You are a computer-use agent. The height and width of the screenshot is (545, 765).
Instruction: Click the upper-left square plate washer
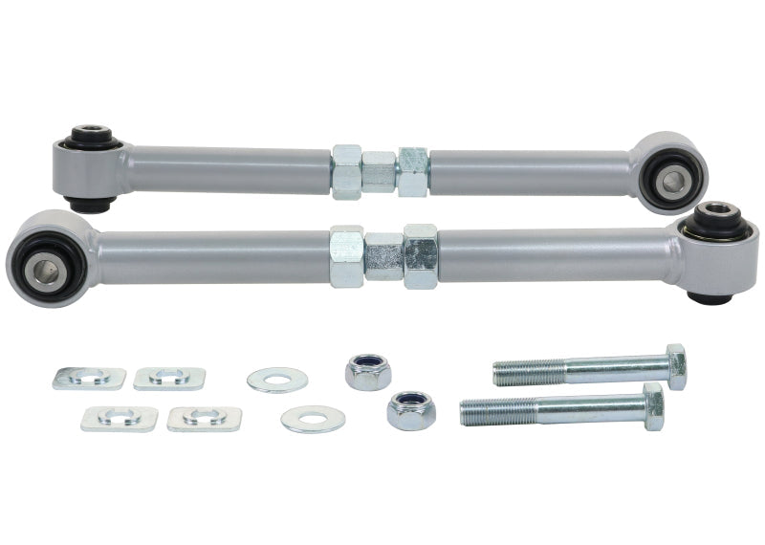(89, 378)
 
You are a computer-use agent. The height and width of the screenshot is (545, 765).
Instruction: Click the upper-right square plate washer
(169, 378)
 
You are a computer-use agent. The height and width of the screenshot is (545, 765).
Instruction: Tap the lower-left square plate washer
(120, 418)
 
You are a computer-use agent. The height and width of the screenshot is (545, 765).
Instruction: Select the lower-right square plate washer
(204, 418)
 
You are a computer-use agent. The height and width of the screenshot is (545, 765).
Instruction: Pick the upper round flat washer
(277, 380)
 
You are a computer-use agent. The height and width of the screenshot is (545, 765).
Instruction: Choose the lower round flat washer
(312, 419)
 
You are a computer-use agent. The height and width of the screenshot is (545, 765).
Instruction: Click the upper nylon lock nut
(366, 370)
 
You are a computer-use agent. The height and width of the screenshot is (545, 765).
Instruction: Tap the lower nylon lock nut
(411, 409)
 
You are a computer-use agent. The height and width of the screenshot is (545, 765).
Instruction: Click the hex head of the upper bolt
(675, 366)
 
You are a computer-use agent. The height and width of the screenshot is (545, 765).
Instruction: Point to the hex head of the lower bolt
(653, 406)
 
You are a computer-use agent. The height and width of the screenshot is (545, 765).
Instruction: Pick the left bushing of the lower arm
(44, 258)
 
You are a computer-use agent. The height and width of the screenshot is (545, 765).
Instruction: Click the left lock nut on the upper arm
(346, 172)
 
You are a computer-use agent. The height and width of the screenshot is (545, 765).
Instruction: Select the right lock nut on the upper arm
(413, 172)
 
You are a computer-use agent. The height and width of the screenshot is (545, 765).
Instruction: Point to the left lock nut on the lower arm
(346, 256)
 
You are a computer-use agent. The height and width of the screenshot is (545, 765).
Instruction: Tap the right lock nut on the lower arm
(420, 256)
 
